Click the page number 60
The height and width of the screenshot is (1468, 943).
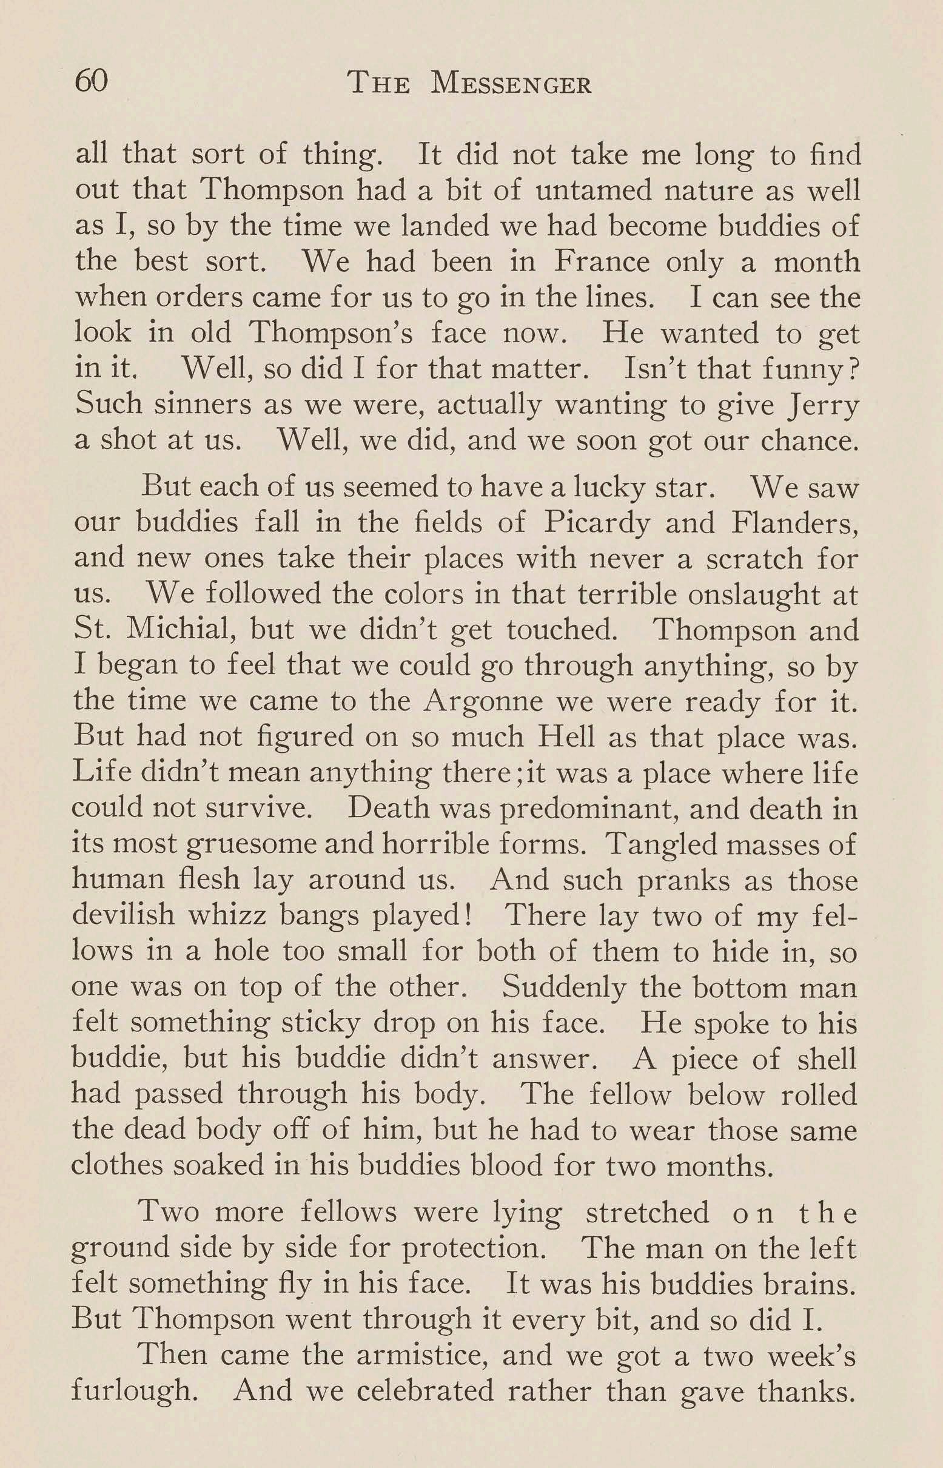click(x=91, y=81)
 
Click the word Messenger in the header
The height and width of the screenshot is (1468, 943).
click(x=511, y=84)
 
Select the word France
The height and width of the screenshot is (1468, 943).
click(x=602, y=261)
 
